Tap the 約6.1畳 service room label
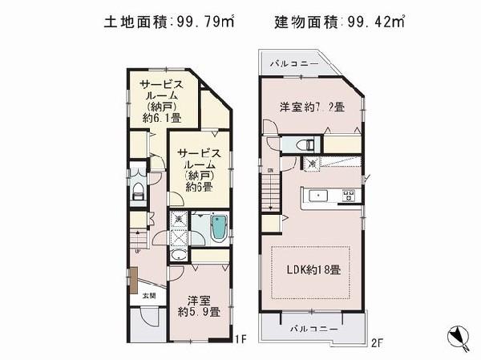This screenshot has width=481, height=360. click(x=161, y=101)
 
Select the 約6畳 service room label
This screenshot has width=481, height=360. click(x=199, y=169)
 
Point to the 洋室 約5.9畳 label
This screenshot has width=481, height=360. click(x=199, y=305)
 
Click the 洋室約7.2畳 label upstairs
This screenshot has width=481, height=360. click(x=312, y=107)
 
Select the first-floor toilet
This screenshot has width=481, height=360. click(x=137, y=191)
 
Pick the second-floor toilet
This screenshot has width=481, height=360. click(x=305, y=145)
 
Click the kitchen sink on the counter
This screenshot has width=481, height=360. click(x=316, y=195)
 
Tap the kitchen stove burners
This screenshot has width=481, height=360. click(x=349, y=195)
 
